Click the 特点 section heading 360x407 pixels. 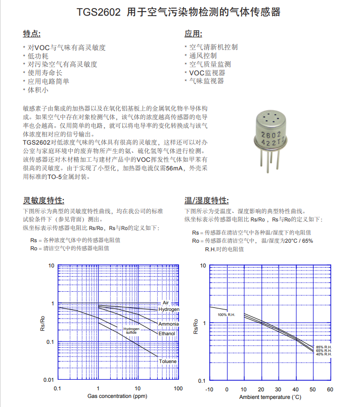point(31,34)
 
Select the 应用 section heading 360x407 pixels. point(193,34)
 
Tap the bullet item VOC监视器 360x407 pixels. point(207,73)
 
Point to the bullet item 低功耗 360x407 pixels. point(38,56)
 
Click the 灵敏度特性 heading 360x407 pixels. point(43,200)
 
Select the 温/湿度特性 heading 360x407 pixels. point(206,200)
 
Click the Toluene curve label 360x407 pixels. point(168,361)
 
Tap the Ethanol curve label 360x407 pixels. point(166,334)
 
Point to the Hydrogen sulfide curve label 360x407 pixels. point(131,331)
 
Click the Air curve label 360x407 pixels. point(165,302)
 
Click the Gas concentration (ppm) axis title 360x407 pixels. point(117,396)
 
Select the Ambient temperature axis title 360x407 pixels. point(270,397)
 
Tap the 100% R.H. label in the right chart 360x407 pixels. point(227,315)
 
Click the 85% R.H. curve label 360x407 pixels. point(324,347)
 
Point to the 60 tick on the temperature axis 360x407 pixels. point(330,389)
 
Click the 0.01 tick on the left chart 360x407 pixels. point(49,380)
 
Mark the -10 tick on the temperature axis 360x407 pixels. point(209,389)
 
